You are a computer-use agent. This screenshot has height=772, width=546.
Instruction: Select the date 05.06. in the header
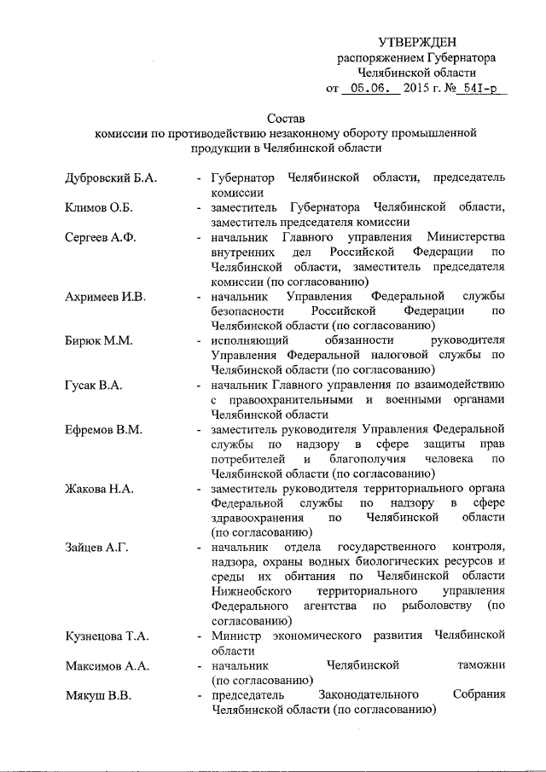point(369,87)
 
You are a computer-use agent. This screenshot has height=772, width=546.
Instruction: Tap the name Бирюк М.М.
point(96,340)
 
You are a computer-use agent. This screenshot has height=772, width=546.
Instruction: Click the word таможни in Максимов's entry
point(480,665)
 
